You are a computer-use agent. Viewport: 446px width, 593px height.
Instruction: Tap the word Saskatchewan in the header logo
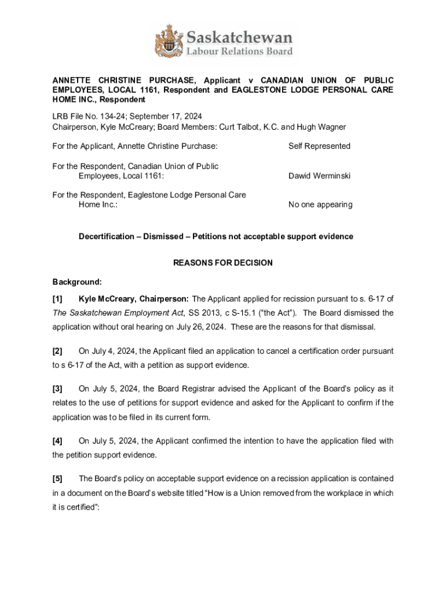coord(239,38)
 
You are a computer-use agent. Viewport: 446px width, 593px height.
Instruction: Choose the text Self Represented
coord(319,146)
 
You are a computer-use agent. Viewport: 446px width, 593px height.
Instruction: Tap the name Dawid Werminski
coord(319,175)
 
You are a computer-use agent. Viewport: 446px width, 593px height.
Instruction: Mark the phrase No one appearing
coord(320,204)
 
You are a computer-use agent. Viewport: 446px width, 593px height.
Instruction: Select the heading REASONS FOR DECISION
coord(223,263)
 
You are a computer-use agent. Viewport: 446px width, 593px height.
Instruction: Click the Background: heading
coord(77,282)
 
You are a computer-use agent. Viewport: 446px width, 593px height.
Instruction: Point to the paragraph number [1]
coord(57,299)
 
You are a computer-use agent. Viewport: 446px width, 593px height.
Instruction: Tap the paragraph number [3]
coord(57,389)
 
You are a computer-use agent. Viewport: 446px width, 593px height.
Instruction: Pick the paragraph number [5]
coord(57,478)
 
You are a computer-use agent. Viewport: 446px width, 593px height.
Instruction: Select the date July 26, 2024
coord(203,327)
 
